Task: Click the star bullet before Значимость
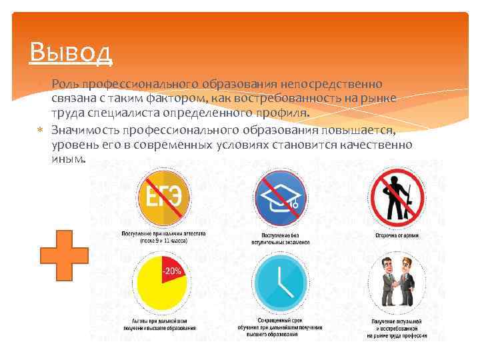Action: [x=40, y=129]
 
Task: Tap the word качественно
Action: [x=377, y=144]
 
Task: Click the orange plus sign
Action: [x=64, y=255]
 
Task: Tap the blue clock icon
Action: [x=280, y=283]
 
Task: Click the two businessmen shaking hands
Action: [x=397, y=283]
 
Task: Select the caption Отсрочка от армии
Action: [x=397, y=235]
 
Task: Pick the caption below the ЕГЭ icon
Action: [x=163, y=237]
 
